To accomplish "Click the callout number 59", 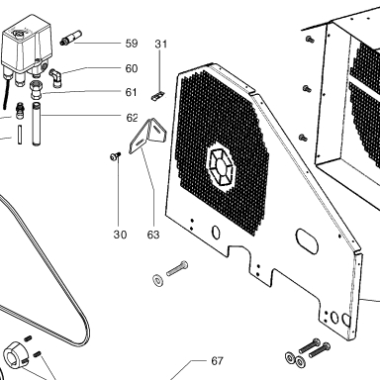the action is pyautogui.click(x=132, y=44).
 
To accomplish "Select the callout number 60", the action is pyautogui.click(x=132, y=68).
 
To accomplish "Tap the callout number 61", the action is pyautogui.click(x=131, y=92).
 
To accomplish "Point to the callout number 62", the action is pyautogui.click(x=132, y=118).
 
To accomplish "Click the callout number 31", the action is pyautogui.click(x=161, y=44).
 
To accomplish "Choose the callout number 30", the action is pyautogui.click(x=120, y=235).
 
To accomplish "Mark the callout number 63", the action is pyautogui.click(x=153, y=235).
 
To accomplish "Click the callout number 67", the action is pyautogui.click(x=217, y=361).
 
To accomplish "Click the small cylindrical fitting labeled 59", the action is pyautogui.click(x=70, y=38).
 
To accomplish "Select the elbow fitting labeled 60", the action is pyautogui.click(x=55, y=78).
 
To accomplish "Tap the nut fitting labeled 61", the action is pyautogui.click(x=36, y=91).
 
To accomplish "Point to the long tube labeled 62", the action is pyautogui.click(x=37, y=124).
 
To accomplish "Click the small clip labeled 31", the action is pyautogui.click(x=157, y=96).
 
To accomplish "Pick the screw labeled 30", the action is pyautogui.click(x=115, y=156).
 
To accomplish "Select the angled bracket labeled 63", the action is pyautogui.click(x=147, y=137).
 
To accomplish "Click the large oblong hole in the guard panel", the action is pyautogui.click(x=307, y=240).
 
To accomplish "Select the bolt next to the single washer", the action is pyautogui.click(x=177, y=268).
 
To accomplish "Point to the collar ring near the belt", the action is pyautogui.click(x=15, y=355).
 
